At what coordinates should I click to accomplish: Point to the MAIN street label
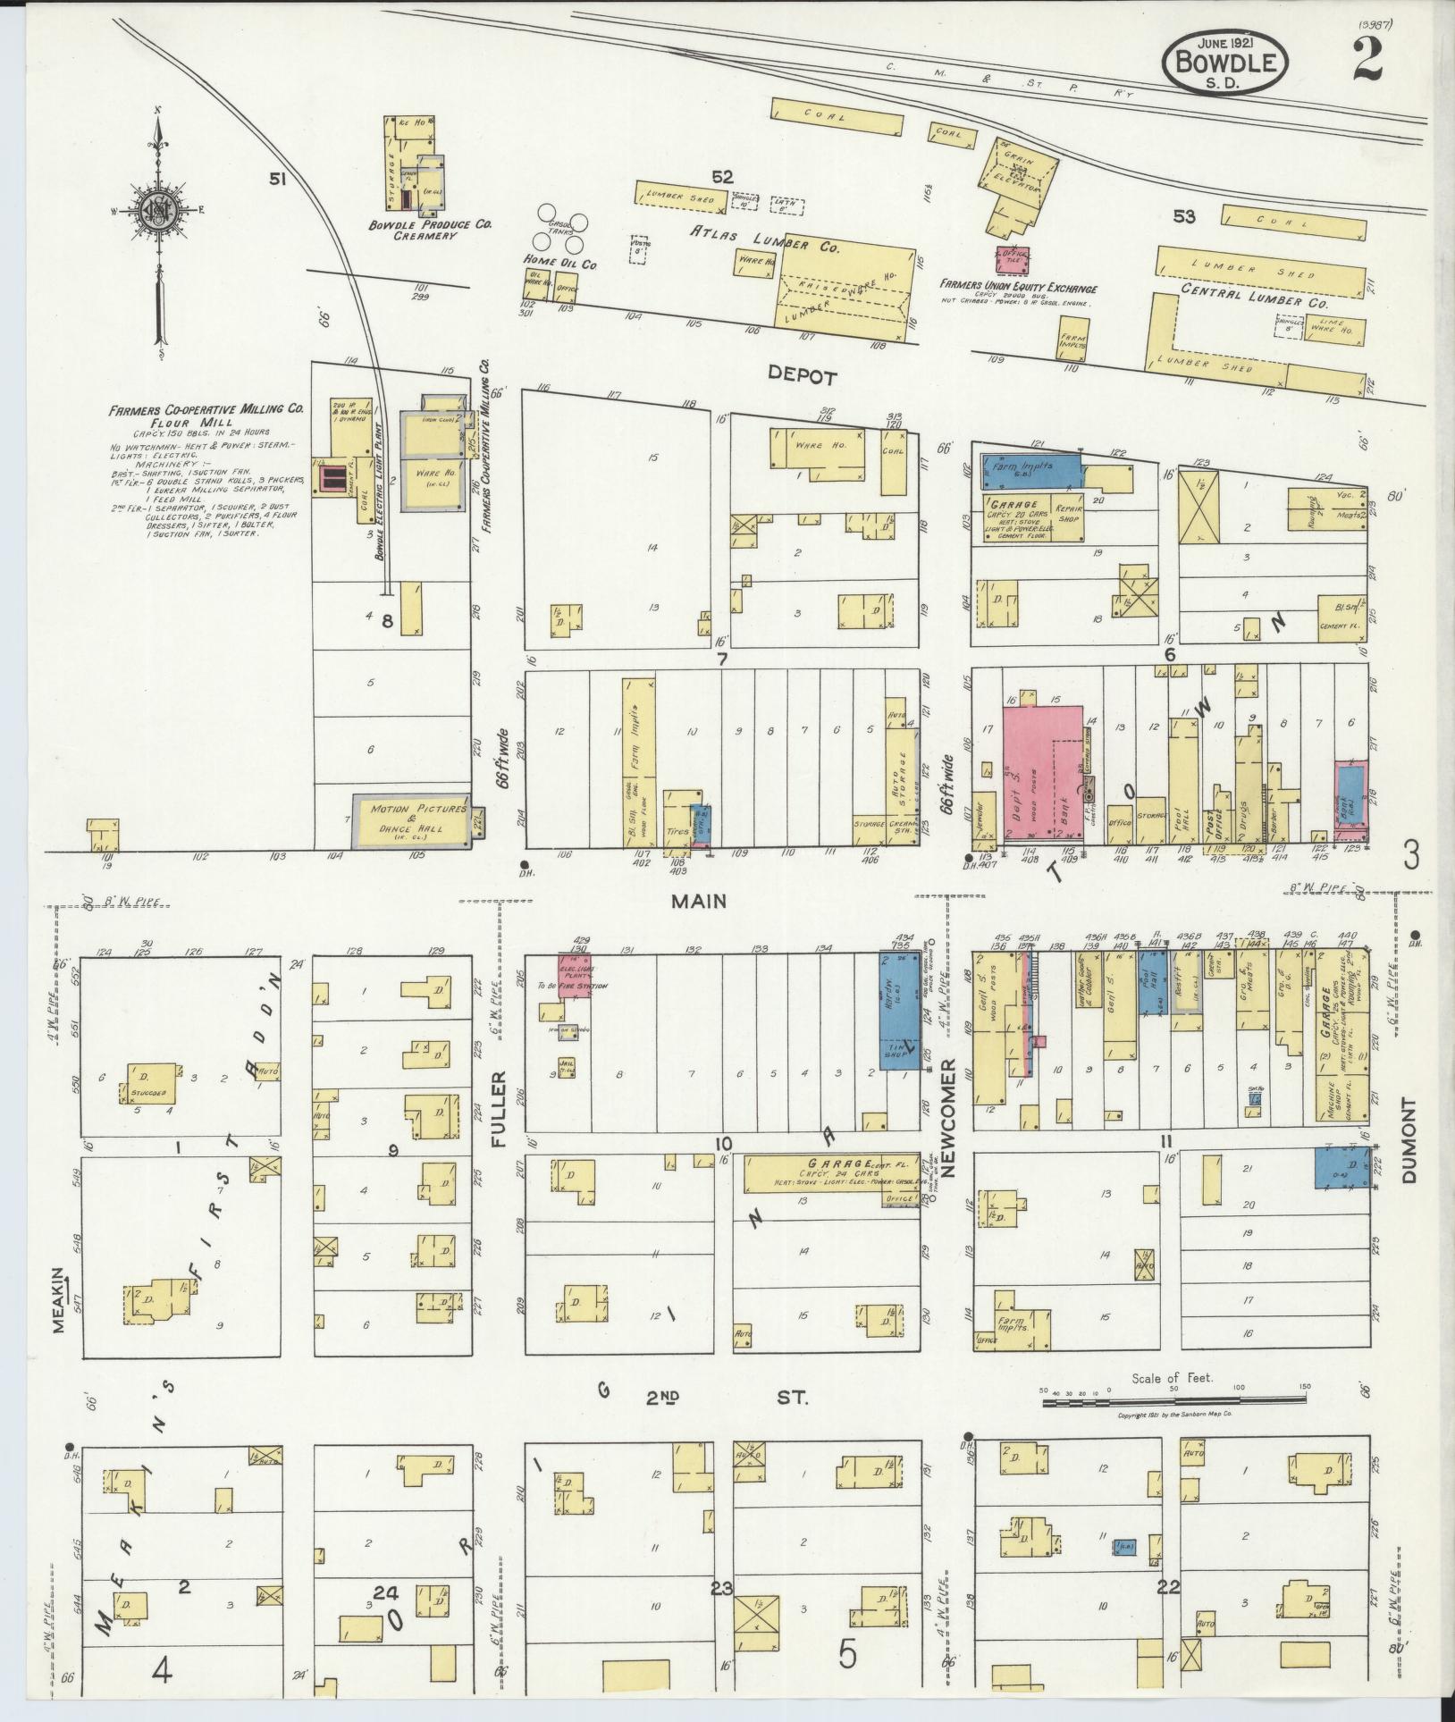pyautogui.click(x=700, y=902)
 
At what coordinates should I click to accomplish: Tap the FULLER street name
pyautogui.click(x=498, y=1109)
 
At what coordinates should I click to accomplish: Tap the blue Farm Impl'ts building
pyautogui.click(x=1030, y=469)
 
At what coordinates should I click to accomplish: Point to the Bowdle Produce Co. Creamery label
pyautogui.click(x=431, y=231)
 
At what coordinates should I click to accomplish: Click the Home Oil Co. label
pyautogui.click(x=559, y=265)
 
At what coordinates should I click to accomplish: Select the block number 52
pyautogui.click(x=722, y=177)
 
